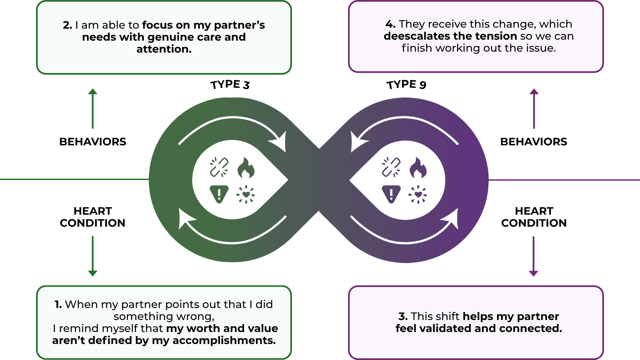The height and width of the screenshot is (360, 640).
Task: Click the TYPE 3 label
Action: [230, 85]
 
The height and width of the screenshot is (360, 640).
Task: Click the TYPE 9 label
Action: [406, 85]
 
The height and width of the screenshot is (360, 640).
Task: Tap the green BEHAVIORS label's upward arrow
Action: [93, 108]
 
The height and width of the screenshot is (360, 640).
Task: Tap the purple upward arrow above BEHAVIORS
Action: [534, 108]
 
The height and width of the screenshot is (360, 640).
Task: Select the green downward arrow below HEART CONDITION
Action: [93, 256]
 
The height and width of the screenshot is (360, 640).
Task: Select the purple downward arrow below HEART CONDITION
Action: [534, 256]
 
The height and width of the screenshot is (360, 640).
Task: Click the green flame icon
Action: [246, 168]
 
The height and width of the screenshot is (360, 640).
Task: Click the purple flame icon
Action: [418, 168]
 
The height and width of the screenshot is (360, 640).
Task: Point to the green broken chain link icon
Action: [219, 167]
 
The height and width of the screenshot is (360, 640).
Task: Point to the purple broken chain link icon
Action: [391, 167]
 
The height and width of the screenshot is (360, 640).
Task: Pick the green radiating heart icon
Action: [246, 194]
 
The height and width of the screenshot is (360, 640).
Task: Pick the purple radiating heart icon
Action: [418, 194]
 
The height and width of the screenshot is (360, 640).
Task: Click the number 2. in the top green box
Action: [68, 25]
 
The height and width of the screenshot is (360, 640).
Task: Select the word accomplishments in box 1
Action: [224, 340]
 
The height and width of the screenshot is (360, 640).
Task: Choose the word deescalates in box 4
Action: [417, 36]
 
